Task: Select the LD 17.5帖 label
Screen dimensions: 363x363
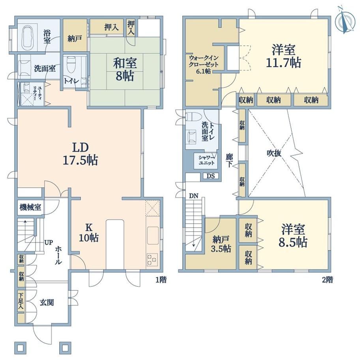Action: click(80, 153)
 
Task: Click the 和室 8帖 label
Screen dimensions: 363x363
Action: click(125, 69)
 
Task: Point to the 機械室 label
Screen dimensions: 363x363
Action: click(30, 207)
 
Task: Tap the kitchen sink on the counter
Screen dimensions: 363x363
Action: click(153, 236)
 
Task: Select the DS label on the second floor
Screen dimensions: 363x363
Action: click(211, 176)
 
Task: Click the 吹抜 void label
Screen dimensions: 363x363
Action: click(274, 153)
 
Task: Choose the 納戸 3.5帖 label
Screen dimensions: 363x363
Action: click(221, 244)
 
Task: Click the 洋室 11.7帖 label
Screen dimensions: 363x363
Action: click(284, 56)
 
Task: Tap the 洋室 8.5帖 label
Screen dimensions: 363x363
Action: click(293, 236)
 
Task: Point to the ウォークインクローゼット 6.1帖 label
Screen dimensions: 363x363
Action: click(204, 64)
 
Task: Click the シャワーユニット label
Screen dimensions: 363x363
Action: click(206, 160)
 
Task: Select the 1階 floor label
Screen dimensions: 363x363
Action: click(161, 280)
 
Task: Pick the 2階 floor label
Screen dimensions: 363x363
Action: click(327, 280)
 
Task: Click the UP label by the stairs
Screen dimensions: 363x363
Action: click(49, 242)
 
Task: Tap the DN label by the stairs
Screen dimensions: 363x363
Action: click(194, 196)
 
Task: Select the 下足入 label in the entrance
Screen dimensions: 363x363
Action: click(21, 301)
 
